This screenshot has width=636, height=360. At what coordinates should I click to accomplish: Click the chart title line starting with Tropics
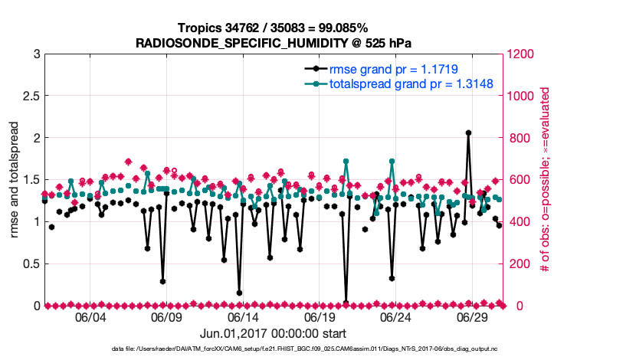click(273, 28)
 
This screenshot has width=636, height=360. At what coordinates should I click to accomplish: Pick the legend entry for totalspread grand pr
click(411, 83)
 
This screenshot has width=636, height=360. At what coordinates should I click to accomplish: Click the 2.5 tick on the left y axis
click(31, 97)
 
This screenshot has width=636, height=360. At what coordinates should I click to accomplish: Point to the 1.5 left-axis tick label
click(31, 180)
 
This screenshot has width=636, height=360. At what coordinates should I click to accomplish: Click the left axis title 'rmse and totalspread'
click(15, 180)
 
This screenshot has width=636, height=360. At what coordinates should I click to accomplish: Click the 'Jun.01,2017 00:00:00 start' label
click(273, 333)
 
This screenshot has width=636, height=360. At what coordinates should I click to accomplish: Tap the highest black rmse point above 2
click(468, 133)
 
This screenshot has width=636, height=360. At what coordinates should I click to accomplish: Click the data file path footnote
click(273, 349)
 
